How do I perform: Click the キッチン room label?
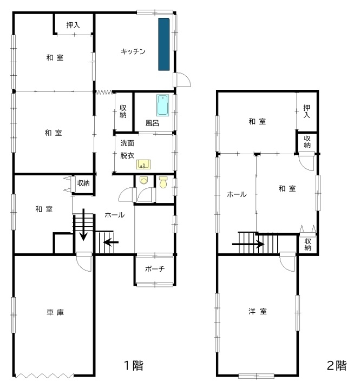click(x=133, y=52)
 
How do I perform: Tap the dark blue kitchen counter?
click(x=164, y=44)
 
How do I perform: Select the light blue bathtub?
click(x=163, y=106)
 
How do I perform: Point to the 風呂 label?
click(x=152, y=123)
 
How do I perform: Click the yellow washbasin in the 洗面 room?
click(x=143, y=164)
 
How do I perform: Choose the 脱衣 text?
click(x=127, y=155)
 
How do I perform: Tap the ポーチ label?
click(x=154, y=269)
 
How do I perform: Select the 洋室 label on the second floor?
click(x=257, y=311)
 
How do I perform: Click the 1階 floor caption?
click(x=135, y=366)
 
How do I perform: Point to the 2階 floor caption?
click(x=336, y=366)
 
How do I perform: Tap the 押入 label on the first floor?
click(x=73, y=25)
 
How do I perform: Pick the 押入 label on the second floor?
click(x=307, y=111)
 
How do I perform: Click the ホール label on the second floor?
click(x=237, y=194)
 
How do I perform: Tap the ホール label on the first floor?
click(x=114, y=215)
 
